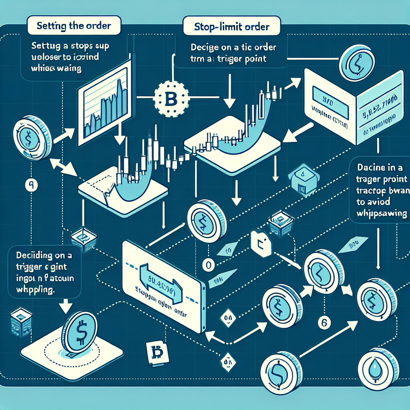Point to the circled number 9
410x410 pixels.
(31, 185)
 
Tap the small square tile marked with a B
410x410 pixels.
(156, 353)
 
